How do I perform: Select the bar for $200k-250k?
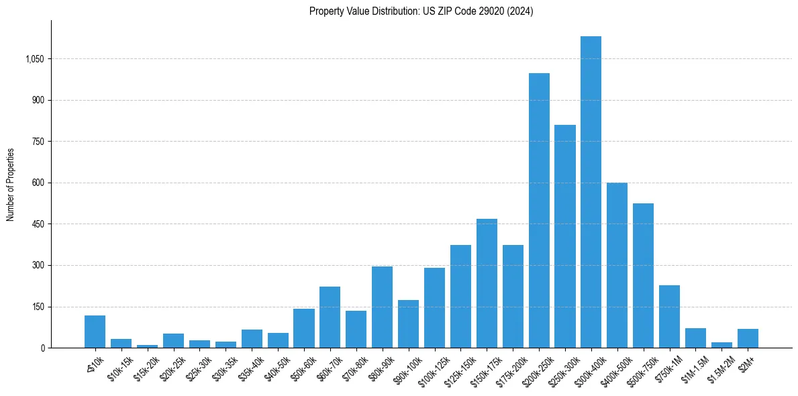539,211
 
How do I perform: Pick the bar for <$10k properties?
95,332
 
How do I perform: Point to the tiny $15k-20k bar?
147,346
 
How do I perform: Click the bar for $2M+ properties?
748,338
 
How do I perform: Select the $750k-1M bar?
669,317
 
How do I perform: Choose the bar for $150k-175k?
487,283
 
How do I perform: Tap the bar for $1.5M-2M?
721,345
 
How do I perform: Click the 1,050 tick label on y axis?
34,59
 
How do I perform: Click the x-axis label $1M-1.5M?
691,368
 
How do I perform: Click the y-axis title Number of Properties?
11,184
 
